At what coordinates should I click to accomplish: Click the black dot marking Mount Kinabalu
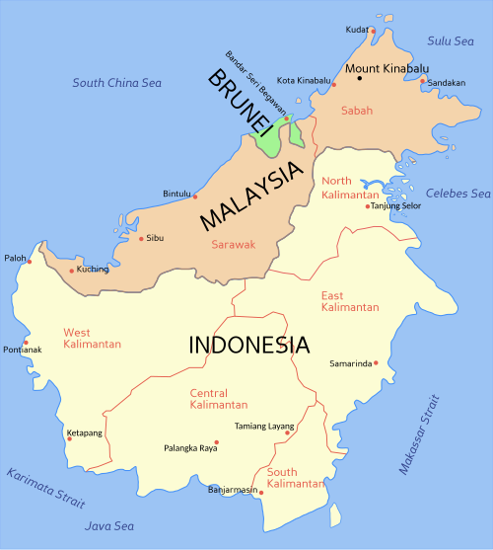[360, 78]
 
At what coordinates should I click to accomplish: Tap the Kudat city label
[356, 30]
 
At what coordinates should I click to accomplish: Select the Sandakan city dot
[422, 81]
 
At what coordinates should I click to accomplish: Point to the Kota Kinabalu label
[302, 80]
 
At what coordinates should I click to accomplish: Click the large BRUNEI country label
[239, 102]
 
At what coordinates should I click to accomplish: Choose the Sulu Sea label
[451, 40]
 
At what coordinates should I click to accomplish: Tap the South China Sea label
[116, 83]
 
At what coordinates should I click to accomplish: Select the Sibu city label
[155, 238]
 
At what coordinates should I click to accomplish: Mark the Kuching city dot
[71, 270]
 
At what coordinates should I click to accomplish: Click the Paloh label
[15, 258]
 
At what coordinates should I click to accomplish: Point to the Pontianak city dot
[26, 343]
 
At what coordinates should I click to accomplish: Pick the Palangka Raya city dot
[217, 441]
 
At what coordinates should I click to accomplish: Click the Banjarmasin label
[233, 490]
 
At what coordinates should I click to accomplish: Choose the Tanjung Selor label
[395, 206]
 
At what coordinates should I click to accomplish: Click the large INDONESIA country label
[248, 346]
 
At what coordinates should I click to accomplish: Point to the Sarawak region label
[234, 243]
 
